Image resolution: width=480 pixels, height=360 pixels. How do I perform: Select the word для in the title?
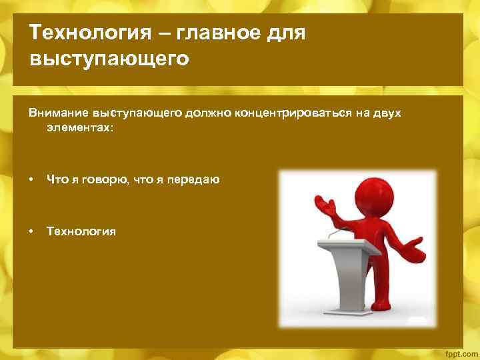285,33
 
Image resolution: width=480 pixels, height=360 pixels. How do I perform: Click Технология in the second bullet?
81,231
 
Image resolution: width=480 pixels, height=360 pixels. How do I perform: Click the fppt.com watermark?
459,351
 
